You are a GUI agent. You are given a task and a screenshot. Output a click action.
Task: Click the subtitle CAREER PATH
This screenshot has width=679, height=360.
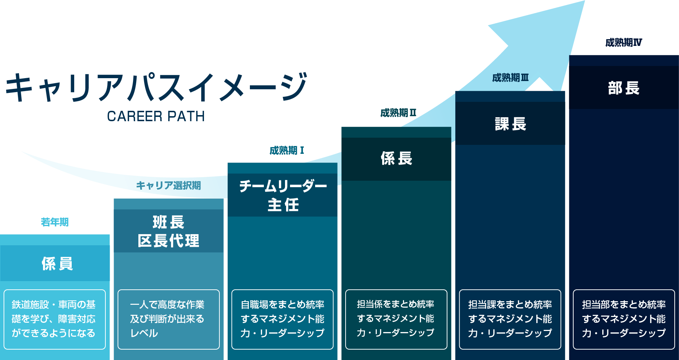156,116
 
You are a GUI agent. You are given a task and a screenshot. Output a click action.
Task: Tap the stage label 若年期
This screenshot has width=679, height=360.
54,222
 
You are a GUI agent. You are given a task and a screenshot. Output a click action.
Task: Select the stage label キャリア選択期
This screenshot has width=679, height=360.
168,185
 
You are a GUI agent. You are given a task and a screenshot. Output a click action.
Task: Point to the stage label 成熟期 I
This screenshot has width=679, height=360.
287,150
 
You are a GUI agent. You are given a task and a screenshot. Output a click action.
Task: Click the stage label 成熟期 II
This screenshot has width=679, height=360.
398,113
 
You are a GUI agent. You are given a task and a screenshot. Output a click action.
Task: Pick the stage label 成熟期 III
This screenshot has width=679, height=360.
510,77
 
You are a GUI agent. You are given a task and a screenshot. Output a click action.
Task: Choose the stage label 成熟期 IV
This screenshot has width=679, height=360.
623,43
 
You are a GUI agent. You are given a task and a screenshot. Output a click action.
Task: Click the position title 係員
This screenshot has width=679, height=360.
57,264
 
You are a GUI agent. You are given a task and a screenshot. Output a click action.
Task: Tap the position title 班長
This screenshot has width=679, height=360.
168,222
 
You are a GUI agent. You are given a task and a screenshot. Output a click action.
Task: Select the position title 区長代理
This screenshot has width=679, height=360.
168,241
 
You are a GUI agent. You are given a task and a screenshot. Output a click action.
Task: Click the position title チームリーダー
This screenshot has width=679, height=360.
283,186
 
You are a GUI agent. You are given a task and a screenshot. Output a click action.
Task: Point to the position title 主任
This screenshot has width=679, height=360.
283,205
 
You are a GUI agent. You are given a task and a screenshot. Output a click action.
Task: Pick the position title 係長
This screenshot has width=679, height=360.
397,158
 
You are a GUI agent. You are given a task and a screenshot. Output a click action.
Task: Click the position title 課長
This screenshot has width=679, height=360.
511,124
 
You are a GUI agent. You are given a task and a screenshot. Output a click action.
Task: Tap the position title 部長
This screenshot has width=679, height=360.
624,88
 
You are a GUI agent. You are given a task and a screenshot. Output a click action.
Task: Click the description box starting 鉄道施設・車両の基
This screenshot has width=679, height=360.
54,319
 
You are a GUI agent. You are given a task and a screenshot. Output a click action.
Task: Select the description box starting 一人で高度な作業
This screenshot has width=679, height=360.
168,319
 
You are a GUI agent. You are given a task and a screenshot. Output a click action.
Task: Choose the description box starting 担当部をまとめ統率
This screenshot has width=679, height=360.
624,319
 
